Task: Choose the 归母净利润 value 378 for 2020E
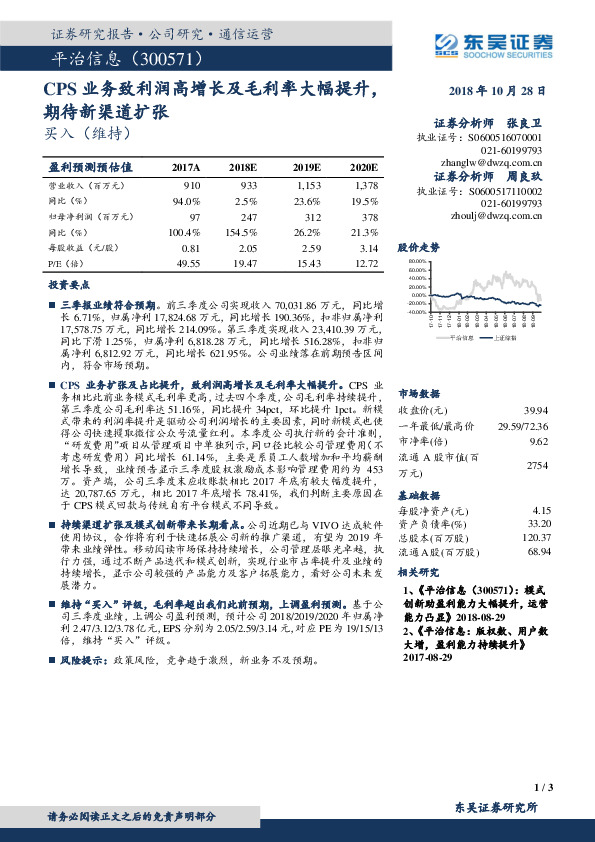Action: point(368,216)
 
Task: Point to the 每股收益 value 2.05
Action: point(244,246)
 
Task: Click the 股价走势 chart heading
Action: point(418,245)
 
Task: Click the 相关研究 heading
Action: point(418,573)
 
